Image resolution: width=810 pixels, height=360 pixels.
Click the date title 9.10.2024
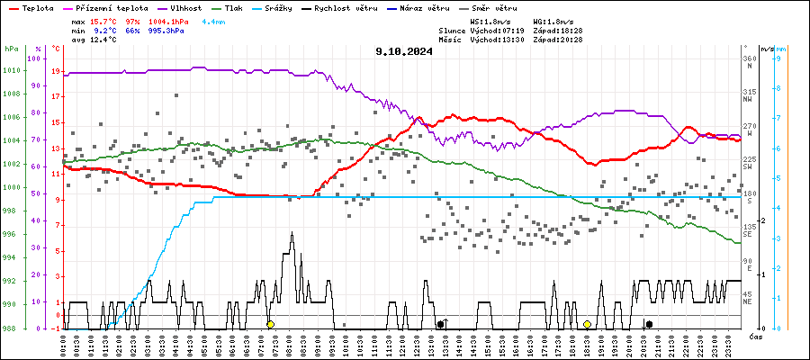coord(404,51)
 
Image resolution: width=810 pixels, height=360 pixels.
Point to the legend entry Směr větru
coord(499,8)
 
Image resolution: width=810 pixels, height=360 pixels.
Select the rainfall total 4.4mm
coord(214,20)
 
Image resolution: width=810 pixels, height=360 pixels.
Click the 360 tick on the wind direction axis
coord(747,59)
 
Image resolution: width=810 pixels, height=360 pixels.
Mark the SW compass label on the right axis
coord(747,166)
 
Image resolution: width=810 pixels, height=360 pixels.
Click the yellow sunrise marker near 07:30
coord(270,323)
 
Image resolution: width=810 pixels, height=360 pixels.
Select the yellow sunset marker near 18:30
coord(587,323)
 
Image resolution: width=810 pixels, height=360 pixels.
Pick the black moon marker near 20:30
coord(649,323)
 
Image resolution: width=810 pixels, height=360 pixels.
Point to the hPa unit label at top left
coord(11,49)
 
